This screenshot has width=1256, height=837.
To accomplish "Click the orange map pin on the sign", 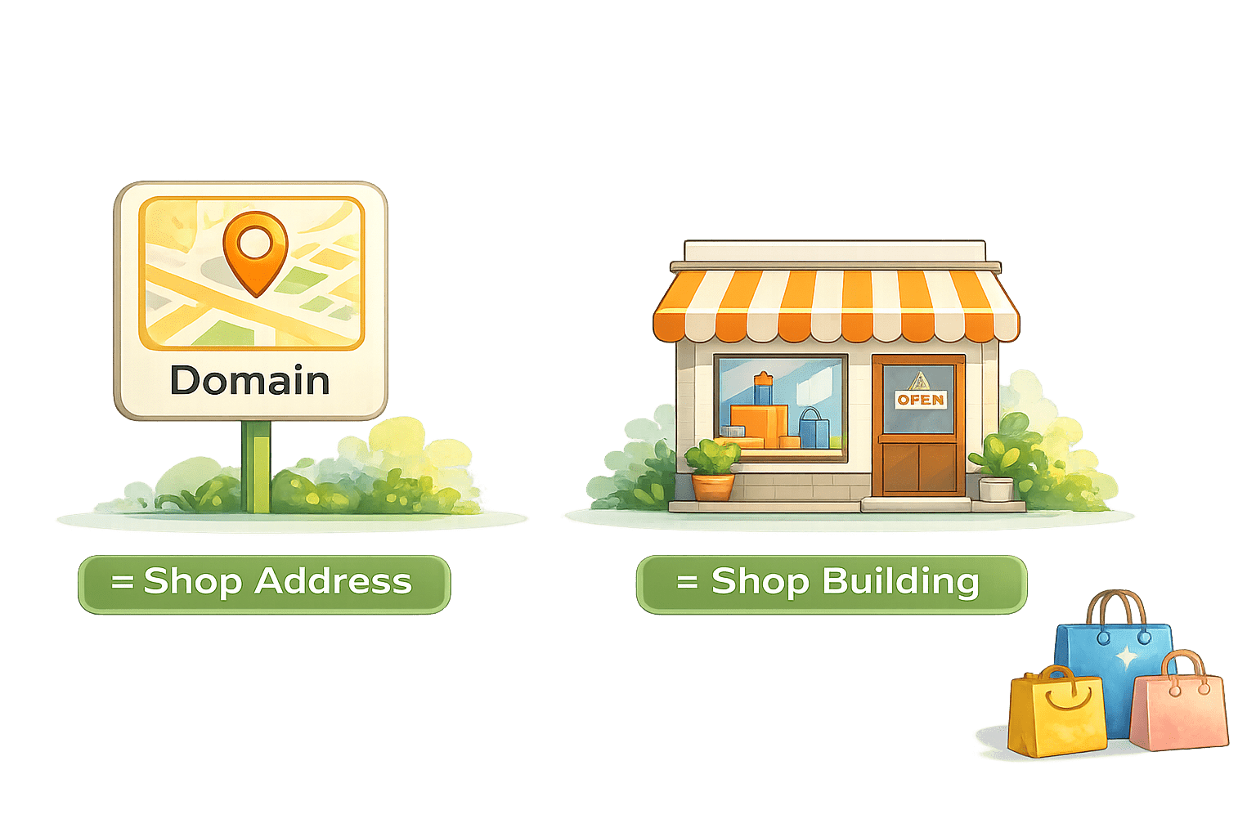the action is tap(255, 249).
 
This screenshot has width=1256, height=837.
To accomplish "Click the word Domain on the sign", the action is tap(249, 381).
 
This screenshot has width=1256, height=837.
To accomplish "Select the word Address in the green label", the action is tap(333, 582).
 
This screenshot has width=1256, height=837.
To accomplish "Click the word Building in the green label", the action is tap(900, 582).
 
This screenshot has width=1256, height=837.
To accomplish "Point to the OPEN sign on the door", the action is tap(921, 400).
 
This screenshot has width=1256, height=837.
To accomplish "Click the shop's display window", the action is tap(780, 405).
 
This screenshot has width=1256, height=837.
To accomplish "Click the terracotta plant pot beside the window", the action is tap(713, 486).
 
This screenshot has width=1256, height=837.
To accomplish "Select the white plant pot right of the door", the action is tap(996, 489).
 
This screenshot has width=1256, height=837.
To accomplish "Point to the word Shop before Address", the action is tap(193, 582).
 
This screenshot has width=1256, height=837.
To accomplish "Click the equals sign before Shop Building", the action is tap(687, 582).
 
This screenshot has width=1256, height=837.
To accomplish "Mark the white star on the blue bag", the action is tap(1127, 657).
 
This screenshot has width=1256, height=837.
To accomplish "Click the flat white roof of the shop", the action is tap(835, 251).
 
